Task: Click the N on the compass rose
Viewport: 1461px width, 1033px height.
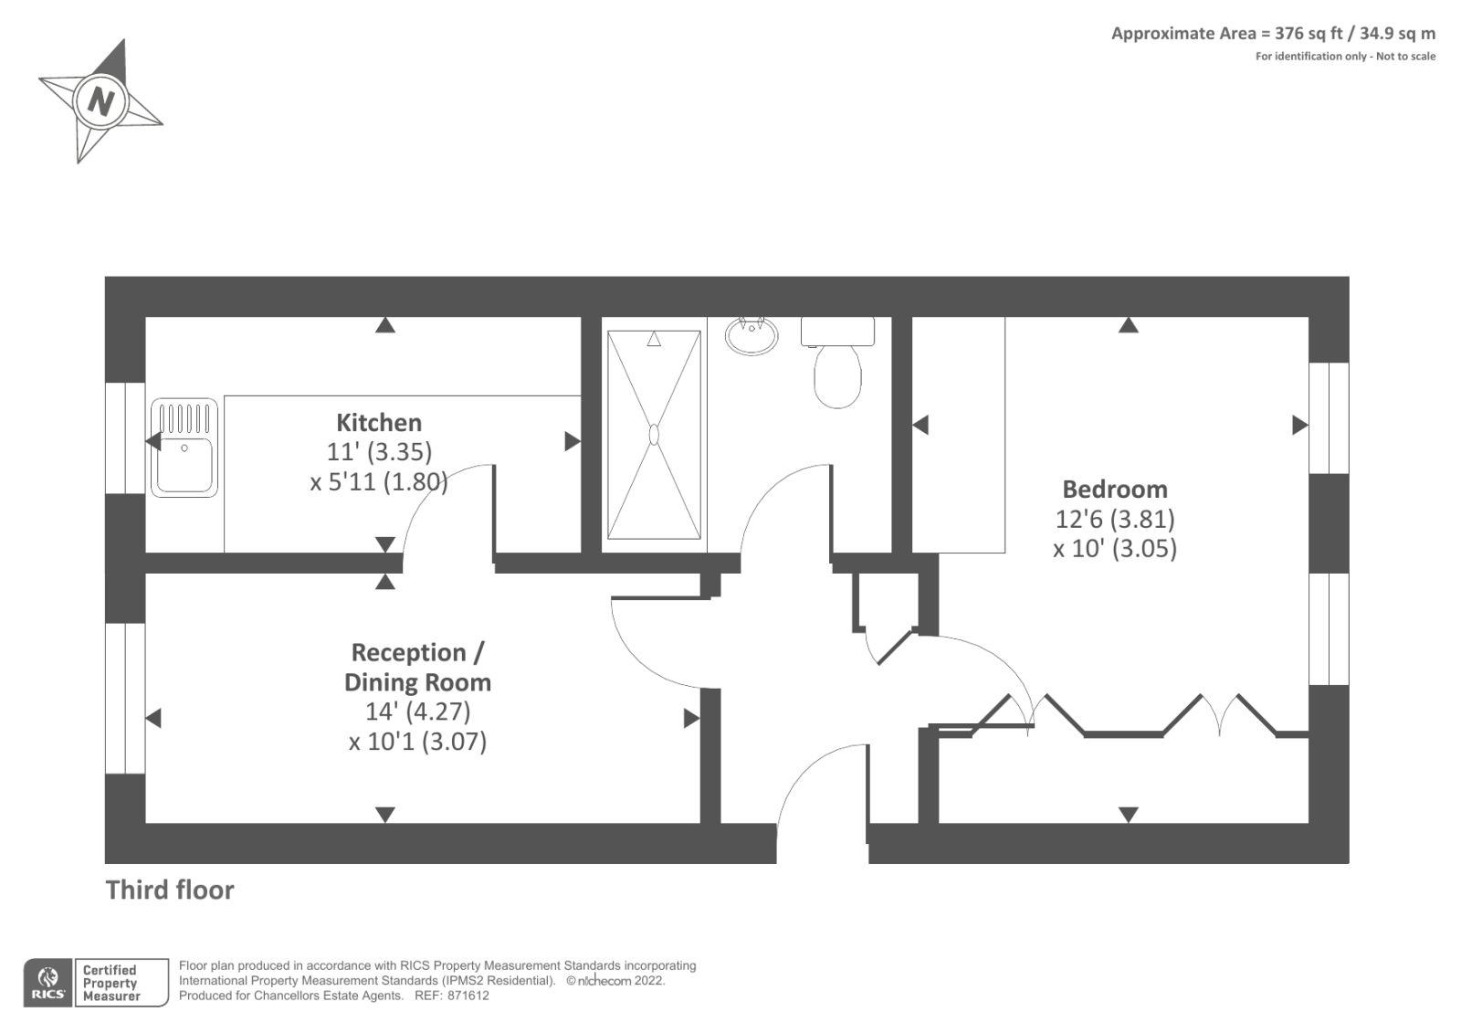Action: (101, 100)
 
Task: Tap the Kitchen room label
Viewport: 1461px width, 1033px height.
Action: (379, 423)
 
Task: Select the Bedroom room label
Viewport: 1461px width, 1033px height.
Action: (1114, 490)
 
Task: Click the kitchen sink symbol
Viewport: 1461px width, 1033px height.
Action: (184, 448)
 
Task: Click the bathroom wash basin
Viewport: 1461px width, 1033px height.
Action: (752, 335)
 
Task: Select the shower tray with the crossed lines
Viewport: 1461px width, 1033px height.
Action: (654, 435)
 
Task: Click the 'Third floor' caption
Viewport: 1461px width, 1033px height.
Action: (170, 891)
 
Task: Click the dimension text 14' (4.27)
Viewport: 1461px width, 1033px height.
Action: (417, 712)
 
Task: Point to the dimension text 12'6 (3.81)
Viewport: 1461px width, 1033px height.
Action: (1114, 519)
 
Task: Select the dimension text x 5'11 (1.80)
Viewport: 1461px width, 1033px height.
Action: (379, 481)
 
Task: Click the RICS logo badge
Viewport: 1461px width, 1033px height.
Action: (47, 984)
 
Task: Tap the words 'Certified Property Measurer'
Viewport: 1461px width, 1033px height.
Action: (110, 984)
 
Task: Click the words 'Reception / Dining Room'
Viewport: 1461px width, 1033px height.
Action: (417, 668)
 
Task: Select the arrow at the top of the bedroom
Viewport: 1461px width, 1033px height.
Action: (1129, 325)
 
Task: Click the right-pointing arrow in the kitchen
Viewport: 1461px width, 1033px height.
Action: (572, 441)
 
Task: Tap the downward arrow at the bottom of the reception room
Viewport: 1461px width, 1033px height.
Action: (385, 814)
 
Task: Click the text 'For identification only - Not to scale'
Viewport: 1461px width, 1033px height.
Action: (1344, 57)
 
